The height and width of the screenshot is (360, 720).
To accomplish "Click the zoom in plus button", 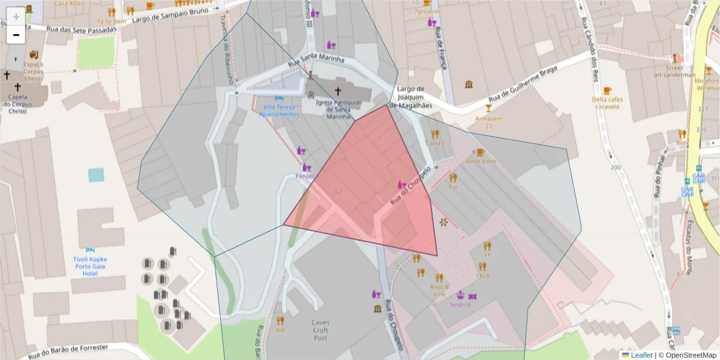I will (16, 16).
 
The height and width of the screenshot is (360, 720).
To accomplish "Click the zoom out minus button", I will (16, 34).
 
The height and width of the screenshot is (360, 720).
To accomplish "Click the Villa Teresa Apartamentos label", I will (279, 110).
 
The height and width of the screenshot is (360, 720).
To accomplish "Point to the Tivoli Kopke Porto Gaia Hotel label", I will (90, 266).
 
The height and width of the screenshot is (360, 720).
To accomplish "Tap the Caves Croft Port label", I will (320, 330).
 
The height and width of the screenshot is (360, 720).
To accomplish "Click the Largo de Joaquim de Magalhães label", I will (411, 97).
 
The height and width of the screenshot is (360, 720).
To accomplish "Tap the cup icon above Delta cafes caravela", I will (607, 91).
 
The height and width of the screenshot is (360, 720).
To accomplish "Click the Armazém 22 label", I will (488, 122).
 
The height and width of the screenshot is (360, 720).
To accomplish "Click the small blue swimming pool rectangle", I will (96, 175).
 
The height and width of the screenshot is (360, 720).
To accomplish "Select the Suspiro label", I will (460, 304).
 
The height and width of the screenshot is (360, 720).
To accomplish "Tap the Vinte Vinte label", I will (481, 161).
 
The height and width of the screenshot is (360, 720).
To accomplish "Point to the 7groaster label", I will (428, 11).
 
